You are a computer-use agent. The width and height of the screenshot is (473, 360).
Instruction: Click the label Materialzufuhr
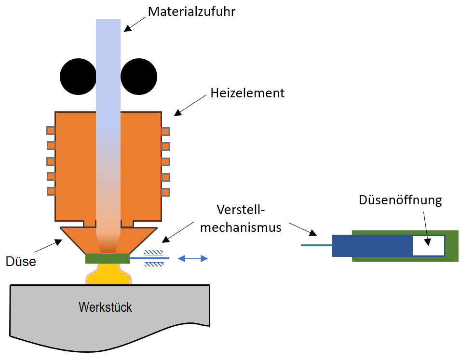191,12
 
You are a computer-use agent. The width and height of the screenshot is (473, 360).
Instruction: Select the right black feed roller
139,77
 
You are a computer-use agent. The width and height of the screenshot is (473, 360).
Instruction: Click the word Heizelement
247,93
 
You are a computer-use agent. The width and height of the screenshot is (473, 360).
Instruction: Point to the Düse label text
21,261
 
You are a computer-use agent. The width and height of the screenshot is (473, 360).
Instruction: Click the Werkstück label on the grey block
105,307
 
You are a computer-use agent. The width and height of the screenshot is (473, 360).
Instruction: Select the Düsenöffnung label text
400,200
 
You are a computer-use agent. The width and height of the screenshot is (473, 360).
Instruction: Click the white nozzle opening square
428,246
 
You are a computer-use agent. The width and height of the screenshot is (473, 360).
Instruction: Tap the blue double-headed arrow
193,259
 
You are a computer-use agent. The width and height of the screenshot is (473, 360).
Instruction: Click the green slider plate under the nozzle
107,258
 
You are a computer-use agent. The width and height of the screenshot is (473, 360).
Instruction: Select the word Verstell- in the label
241,210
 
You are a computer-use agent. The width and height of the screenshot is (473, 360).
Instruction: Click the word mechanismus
241,227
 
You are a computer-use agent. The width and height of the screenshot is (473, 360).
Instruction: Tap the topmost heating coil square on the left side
51,130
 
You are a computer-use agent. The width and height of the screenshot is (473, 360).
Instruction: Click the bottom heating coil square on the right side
165,192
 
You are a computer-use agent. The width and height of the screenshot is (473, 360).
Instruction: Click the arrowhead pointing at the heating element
177,112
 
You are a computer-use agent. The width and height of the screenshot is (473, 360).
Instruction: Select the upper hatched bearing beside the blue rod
154,253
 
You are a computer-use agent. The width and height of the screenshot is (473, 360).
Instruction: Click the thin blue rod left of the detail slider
316,245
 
